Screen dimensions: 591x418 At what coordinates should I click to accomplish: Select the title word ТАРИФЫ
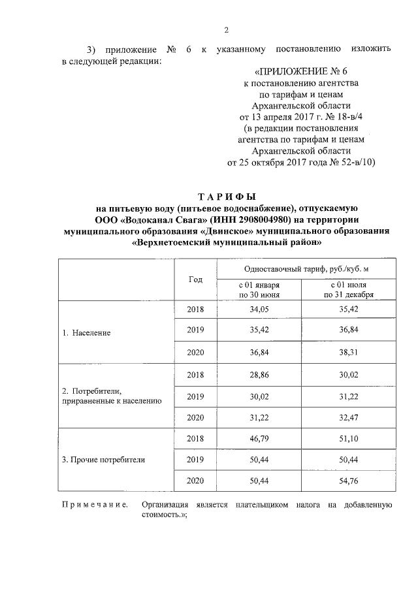click(226, 197)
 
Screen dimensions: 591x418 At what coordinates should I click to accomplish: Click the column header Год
click(195, 279)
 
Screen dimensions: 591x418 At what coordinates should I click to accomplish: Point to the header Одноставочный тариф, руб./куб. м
click(302, 268)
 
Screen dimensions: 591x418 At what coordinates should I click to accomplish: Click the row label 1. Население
click(86, 332)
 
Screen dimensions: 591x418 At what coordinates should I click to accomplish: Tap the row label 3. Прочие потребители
click(103, 459)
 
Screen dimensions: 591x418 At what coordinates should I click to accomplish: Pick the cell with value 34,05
click(260, 310)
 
